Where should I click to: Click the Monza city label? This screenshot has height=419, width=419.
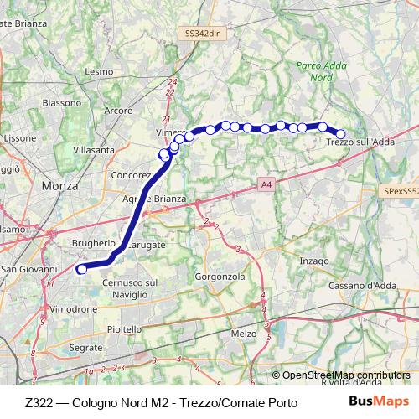[59, 186]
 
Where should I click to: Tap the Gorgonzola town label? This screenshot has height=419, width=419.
[219, 276]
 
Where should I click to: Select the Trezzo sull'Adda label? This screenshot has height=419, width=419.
[360, 143]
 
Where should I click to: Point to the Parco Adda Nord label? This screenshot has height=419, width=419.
[314, 70]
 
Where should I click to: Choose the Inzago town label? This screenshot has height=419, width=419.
[314, 261]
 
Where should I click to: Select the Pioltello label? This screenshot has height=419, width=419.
[124, 329]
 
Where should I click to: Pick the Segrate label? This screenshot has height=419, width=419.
[86, 347]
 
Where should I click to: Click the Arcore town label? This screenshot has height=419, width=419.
[119, 111]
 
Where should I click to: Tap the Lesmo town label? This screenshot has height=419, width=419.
[99, 72]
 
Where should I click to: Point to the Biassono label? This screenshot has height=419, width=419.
[59, 104]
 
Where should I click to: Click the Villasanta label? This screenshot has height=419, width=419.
[94, 150]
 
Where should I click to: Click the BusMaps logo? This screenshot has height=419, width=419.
[378, 402]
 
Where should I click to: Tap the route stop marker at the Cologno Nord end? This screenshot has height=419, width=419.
[81, 269]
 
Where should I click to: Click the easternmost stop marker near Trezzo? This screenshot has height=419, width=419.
[341, 133]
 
